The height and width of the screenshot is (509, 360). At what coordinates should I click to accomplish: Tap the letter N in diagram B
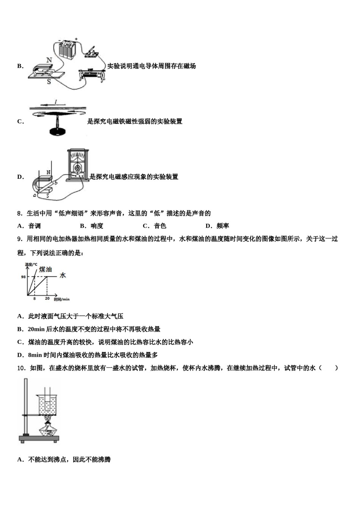(49, 60)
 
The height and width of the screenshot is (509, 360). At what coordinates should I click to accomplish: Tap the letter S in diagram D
(48, 195)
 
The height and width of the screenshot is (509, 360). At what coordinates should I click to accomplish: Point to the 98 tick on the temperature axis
(23, 277)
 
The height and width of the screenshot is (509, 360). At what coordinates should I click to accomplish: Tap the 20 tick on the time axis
(47, 299)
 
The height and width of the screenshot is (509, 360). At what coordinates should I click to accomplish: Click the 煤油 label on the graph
(45, 269)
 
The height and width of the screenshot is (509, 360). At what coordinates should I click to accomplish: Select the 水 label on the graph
(63, 275)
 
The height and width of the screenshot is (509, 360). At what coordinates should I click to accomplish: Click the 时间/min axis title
(62, 299)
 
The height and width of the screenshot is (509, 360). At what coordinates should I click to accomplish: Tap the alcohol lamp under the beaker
(49, 429)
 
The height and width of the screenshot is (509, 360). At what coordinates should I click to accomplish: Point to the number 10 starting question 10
(21, 368)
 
